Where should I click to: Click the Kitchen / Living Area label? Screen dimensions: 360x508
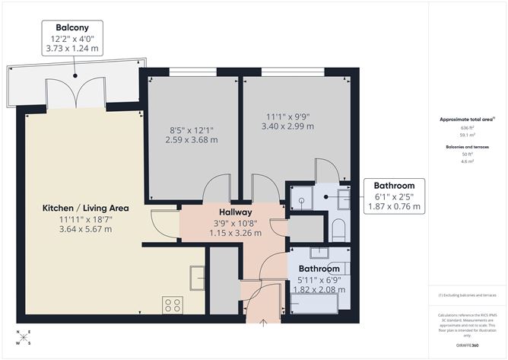pyautogui.click(x=85, y=208)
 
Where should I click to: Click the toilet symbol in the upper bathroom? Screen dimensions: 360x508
pyautogui.click(x=339, y=228)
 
